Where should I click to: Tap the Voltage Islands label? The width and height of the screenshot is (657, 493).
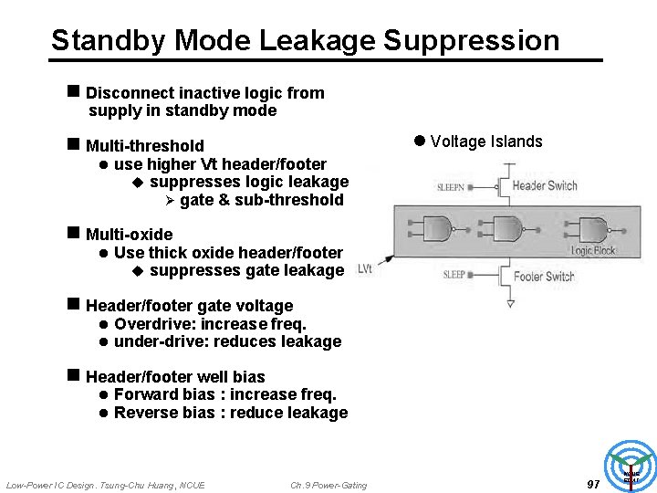coord(485,142)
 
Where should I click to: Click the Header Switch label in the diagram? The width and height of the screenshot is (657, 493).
coord(544,185)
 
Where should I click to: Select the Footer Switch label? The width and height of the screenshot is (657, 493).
coord(544,276)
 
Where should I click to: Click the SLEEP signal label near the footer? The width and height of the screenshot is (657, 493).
coord(454,275)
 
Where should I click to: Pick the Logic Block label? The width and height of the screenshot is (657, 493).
coord(593,250)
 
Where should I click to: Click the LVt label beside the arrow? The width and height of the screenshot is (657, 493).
coord(365,268)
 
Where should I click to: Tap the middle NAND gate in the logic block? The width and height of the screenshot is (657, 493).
coord(504,227)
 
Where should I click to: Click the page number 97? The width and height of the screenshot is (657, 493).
coord(593,484)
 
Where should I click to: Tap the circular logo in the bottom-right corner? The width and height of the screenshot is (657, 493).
coord(631,466)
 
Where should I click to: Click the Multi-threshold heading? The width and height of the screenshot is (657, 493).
coord(144,146)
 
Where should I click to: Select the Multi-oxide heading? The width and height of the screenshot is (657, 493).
coord(129,235)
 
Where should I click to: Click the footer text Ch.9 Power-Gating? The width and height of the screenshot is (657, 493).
coord(328,485)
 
